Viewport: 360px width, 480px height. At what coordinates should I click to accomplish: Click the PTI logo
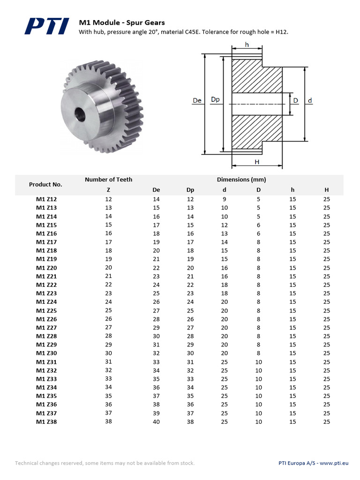coord(47,26)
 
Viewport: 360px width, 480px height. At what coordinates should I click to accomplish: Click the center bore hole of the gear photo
coord(80,114)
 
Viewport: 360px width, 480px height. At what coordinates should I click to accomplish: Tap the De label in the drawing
coord(197,100)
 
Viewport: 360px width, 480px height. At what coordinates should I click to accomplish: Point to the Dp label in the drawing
coord(216,99)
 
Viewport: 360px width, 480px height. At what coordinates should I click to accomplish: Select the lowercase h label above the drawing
coord(247,45)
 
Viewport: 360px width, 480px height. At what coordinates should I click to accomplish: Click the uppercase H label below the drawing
coord(257,162)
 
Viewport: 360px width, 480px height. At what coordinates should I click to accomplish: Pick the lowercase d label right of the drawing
coord(310,100)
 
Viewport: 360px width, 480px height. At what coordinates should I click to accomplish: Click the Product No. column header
coord(45,184)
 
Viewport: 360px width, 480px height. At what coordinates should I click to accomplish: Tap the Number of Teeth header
coord(109,180)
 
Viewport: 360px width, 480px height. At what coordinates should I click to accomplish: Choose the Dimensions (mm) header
coord(241,180)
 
